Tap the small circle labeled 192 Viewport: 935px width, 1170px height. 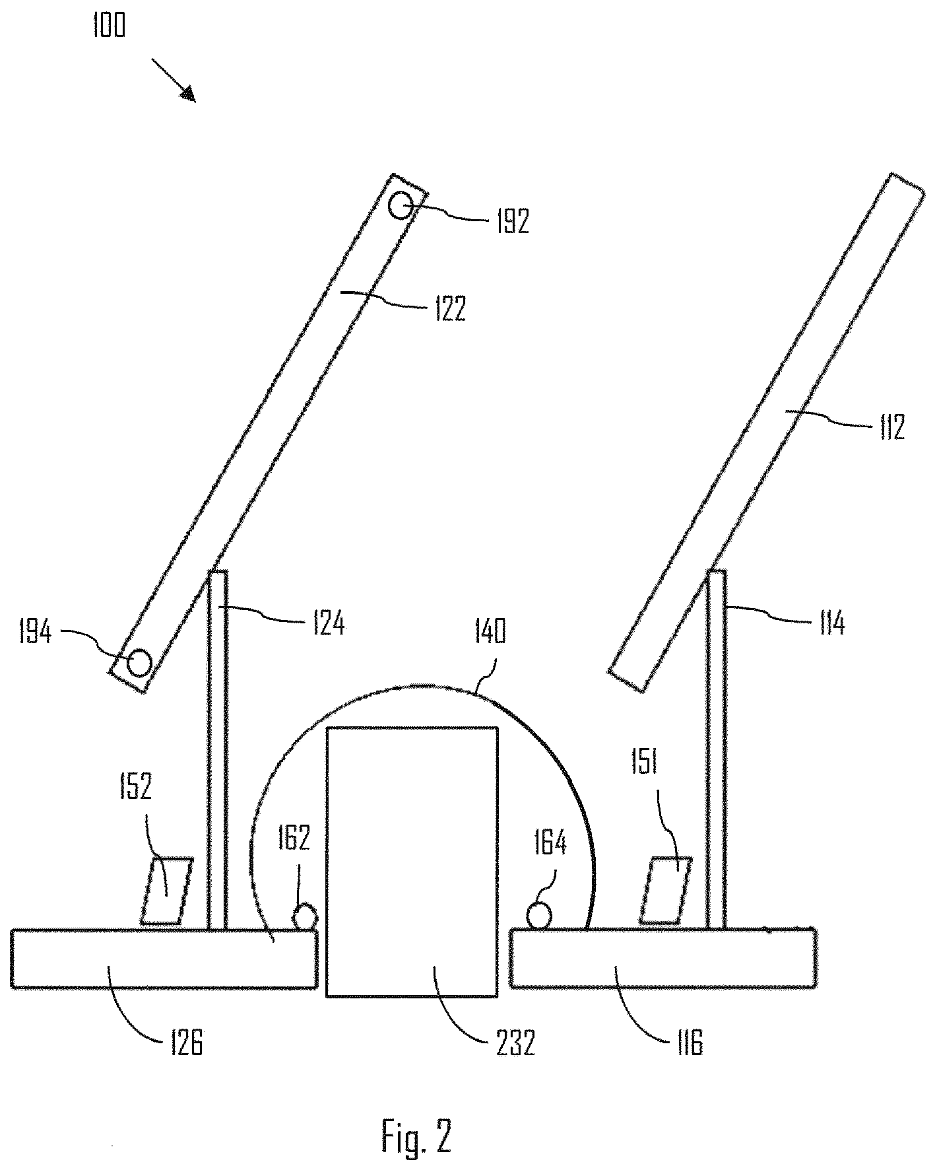[402, 207]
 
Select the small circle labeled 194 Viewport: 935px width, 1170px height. [139, 662]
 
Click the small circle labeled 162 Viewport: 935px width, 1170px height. [305, 916]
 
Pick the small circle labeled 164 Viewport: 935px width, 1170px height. [540, 916]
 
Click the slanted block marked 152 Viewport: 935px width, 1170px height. [167, 891]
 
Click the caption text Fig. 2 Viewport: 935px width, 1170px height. [416, 1135]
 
